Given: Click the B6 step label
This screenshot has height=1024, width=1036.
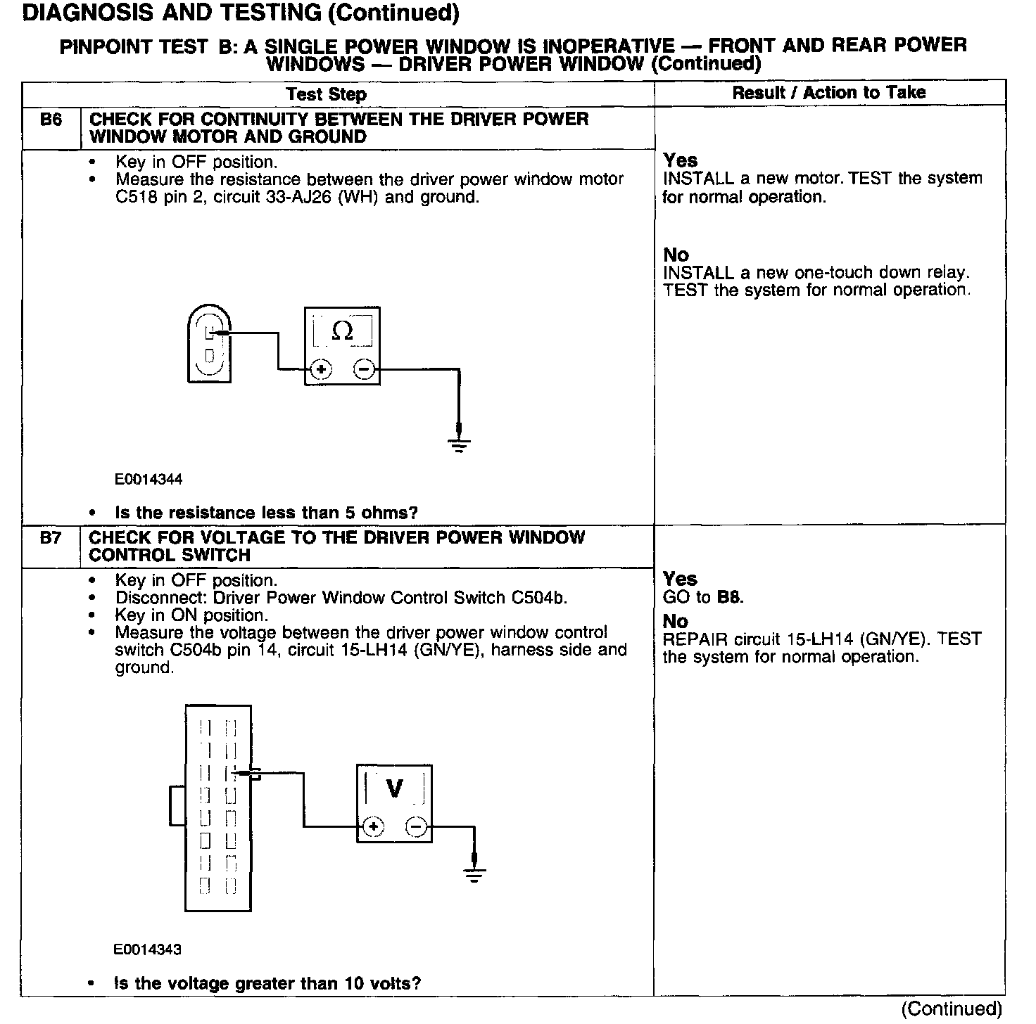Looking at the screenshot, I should tap(51, 120).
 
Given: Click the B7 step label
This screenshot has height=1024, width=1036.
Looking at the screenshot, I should tap(51, 538).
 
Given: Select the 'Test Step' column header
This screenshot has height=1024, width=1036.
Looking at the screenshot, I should tap(326, 94).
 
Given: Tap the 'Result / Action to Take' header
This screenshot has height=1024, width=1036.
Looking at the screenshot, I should tap(829, 92).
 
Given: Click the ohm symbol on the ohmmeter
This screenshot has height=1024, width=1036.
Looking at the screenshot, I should tap(342, 331).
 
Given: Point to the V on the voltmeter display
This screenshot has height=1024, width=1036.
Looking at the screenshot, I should tap(395, 788).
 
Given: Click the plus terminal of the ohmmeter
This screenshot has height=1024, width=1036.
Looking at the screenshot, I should tap(320, 369).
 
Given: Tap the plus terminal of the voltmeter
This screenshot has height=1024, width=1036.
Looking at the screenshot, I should tap(373, 827).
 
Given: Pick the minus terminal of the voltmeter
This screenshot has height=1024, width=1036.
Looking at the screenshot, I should tap(417, 827).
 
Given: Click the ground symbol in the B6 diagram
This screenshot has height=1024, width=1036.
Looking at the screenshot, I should tap(459, 444).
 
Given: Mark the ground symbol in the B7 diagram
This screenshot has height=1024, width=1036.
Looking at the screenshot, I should tap(474, 875).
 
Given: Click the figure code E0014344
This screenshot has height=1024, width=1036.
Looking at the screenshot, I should tap(149, 480).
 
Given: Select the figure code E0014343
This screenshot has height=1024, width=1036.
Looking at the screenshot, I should tap(147, 949).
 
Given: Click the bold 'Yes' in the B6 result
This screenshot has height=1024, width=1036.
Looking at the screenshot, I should tap(680, 160).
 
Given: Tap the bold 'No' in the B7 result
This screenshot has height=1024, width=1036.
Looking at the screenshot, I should tap(676, 622).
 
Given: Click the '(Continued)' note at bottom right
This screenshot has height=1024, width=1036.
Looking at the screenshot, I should tap(951, 1009).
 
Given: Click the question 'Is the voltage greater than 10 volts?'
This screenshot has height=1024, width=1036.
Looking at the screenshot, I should tap(267, 983).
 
